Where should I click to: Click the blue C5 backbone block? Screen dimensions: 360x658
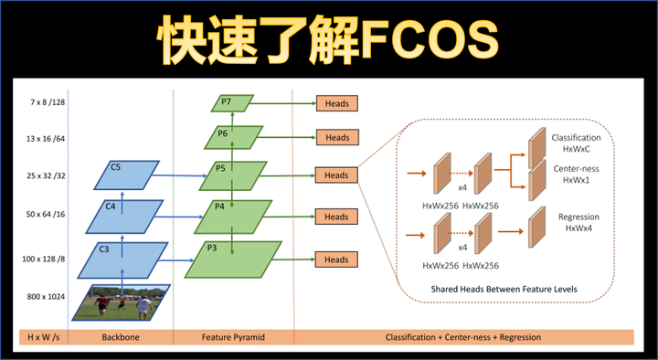[127, 174]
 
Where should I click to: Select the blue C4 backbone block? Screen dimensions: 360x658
[116, 215]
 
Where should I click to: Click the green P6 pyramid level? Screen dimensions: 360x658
[228, 137]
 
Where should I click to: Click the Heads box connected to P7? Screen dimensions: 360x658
[336, 103]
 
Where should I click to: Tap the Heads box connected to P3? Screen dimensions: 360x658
[336, 259]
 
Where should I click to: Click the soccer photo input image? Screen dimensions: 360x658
[122, 302]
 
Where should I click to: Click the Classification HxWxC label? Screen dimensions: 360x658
[576, 143]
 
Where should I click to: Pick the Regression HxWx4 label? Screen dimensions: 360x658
[578, 222]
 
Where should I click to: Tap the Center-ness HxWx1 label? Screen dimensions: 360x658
[577, 174]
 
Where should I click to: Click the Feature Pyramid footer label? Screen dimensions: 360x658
[233, 336]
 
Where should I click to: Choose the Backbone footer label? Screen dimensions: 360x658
[121, 336]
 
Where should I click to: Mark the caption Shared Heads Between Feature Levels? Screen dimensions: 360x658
[504, 291]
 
